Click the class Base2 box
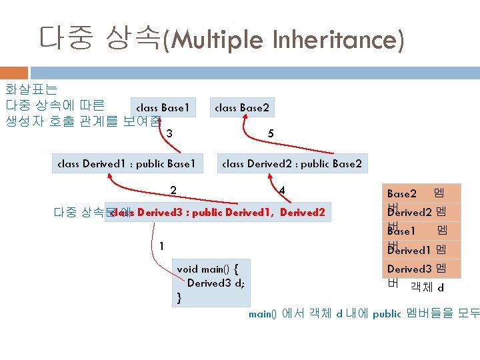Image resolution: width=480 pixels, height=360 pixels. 241,107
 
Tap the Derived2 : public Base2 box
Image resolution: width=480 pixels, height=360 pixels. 291,163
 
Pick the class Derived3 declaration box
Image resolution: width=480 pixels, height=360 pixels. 217,213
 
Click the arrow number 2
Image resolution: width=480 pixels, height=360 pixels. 173,190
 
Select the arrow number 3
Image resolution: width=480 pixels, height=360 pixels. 170,133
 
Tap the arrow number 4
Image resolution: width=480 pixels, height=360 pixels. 282,190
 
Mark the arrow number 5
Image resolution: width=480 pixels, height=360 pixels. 270,133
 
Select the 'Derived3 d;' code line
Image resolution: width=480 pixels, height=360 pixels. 215,283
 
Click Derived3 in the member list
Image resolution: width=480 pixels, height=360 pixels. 409,269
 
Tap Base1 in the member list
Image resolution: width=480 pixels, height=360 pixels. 401,231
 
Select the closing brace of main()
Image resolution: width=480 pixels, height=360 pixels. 179,297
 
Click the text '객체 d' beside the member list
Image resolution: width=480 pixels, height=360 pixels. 427,287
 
